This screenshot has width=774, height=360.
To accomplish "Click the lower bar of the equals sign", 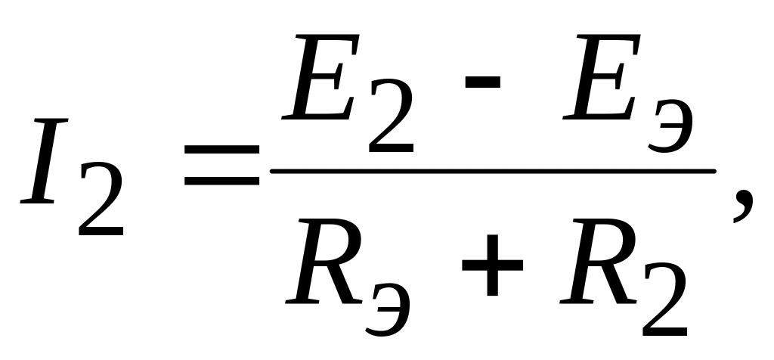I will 221,184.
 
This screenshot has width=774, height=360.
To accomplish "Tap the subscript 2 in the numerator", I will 391,121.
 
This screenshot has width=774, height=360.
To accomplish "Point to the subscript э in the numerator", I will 670,126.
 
